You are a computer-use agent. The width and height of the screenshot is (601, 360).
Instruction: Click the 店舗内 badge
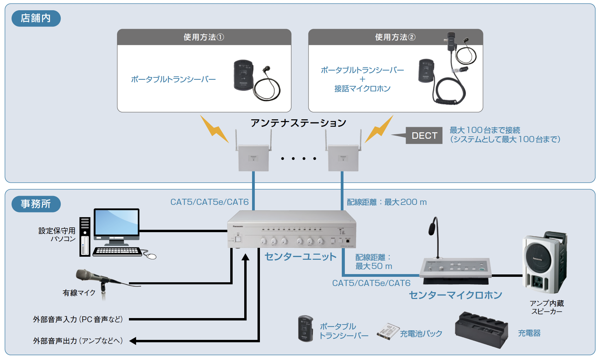pyautogui.click(x=36, y=18)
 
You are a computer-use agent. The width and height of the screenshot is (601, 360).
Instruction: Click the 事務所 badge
pyautogui.click(x=36, y=204)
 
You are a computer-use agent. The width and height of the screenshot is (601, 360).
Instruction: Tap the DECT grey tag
pyautogui.click(x=424, y=136)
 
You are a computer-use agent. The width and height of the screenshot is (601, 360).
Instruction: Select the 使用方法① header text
pyautogui.click(x=204, y=37)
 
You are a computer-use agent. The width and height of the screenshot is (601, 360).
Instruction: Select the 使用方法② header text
pyautogui.click(x=395, y=37)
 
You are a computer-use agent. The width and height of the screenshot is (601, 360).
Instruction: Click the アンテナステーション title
pyautogui.click(x=298, y=123)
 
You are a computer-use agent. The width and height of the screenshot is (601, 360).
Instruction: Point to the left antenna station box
pyautogui.click(x=253, y=158)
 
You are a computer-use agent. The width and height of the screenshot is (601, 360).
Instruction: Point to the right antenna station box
pyautogui.click(x=343, y=158)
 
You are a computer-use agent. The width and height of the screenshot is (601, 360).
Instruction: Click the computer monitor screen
pyautogui.click(x=117, y=222)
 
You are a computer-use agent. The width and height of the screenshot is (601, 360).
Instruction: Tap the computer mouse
pyautogui.click(x=151, y=256)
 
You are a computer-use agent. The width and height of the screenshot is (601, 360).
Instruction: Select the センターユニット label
pyautogui.click(x=300, y=256)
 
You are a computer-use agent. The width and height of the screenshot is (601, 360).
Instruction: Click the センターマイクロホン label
pyautogui.click(x=455, y=295)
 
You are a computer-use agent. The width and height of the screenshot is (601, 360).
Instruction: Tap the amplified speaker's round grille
pyautogui.click(x=538, y=259)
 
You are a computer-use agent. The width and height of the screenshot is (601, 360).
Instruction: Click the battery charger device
pyautogui.click(x=481, y=330)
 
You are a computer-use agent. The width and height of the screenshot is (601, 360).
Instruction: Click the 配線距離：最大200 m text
pyautogui.click(x=386, y=202)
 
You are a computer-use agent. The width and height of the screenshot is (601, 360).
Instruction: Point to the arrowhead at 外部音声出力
pyautogui.click(x=133, y=341)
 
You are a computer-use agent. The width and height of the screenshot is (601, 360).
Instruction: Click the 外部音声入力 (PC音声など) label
pyautogui.click(x=78, y=319)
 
